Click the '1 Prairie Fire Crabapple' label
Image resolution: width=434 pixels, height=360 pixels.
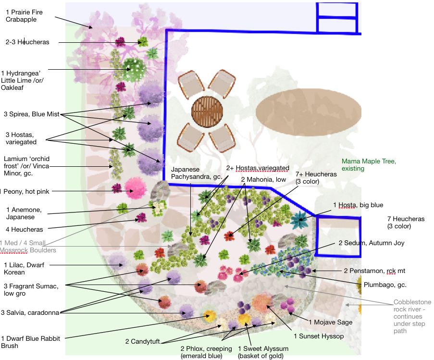coord(24,16)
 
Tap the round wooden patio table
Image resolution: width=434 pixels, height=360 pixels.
coord(207,111)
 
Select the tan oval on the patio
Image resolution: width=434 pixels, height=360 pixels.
coord(308,112)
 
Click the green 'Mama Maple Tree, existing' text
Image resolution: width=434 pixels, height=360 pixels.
coord(369,165)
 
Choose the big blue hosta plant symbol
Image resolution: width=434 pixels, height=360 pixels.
coord(299,220)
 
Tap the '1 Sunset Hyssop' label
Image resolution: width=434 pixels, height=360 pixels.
coord(319,336)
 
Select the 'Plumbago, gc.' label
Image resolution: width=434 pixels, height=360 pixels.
coord(385,285)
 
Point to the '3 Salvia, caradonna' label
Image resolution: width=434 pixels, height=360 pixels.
coord(30,313)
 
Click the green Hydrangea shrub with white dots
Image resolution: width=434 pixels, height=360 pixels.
coord(134,70)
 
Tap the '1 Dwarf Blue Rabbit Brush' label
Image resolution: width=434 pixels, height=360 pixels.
coord(30,342)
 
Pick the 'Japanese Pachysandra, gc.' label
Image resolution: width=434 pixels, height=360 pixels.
coord(197,173)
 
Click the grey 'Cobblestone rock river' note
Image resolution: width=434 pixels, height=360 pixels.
coord(412,316)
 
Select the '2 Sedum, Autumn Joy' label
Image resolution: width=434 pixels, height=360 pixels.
coord(372,243)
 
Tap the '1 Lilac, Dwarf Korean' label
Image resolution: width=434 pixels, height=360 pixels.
coord(24,268)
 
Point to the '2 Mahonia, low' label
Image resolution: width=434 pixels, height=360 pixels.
coord(263,180)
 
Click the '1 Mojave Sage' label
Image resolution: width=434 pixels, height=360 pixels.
coord(331,322)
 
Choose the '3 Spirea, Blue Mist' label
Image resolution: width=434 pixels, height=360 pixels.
coord(32,114)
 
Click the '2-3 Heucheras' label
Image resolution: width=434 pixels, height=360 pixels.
coord(27,42)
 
